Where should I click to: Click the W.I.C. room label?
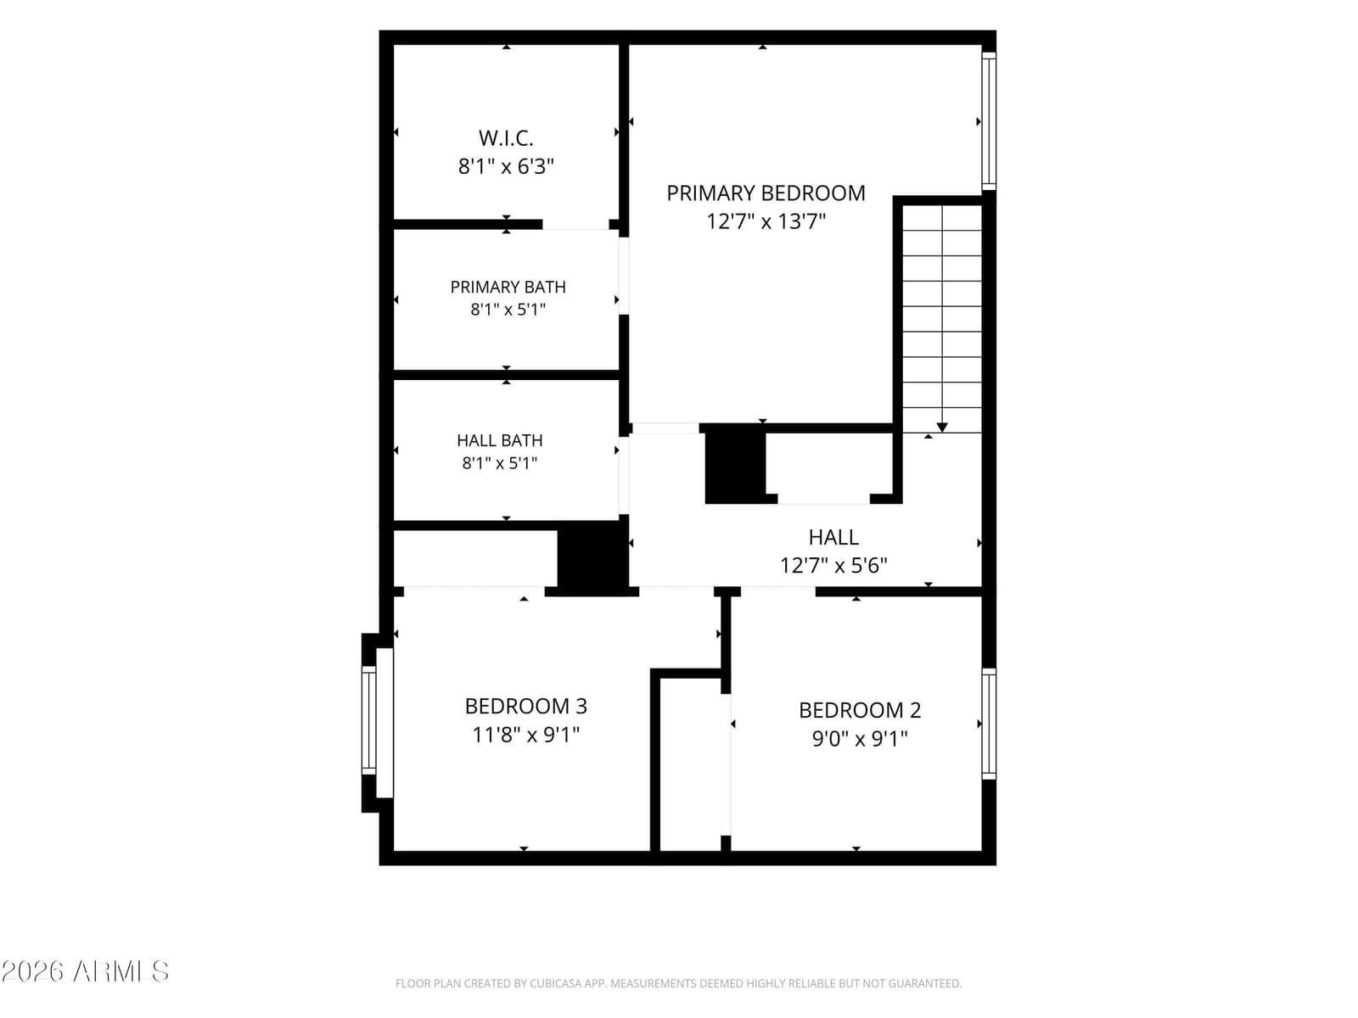click(506, 138)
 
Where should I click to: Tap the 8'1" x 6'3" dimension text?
click(506, 166)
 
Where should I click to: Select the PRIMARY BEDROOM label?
click(766, 193)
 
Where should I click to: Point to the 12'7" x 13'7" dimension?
click(766, 221)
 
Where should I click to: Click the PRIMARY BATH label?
click(508, 288)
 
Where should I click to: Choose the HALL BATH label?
click(499, 440)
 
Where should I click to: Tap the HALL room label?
click(833, 538)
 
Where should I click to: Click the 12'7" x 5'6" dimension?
click(833, 566)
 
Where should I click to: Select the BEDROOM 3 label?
click(525, 707)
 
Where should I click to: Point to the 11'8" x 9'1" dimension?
click(525, 735)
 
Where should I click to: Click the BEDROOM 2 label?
click(859, 711)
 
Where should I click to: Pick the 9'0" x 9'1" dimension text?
click(859, 739)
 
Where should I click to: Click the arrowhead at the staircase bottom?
click(941, 428)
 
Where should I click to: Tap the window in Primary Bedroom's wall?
click(989, 121)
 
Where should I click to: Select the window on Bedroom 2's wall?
click(989, 723)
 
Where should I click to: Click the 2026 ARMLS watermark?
click(85, 972)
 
